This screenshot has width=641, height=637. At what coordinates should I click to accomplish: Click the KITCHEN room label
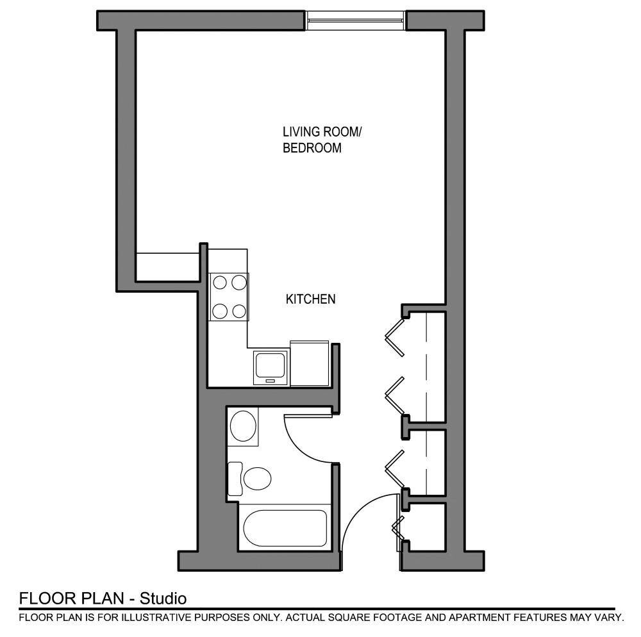click(x=310, y=299)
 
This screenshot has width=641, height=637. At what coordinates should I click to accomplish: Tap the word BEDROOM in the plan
click(x=312, y=148)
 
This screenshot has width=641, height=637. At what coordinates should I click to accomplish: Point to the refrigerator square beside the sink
click(x=309, y=363)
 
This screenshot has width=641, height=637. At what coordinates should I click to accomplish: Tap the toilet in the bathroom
click(x=256, y=477)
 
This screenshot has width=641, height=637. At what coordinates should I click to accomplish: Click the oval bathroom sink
click(x=243, y=426)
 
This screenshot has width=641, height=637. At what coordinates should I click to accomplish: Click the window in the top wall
click(x=355, y=21)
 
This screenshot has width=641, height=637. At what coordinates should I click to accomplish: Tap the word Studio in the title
click(x=163, y=599)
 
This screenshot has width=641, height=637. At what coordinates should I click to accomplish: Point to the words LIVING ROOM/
click(x=322, y=132)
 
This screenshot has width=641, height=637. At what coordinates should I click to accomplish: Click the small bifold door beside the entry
click(x=397, y=529)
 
